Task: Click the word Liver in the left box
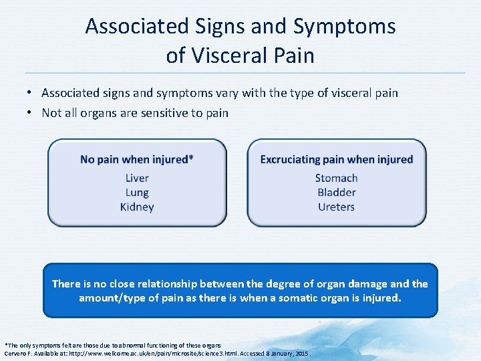point(137,178)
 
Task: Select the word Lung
point(137,193)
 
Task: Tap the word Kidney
point(137,207)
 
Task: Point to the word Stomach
point(336,178)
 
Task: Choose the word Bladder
point(336,193)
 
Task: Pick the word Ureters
point(336,207)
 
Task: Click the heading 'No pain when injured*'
point(137,159)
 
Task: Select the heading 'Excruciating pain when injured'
point(336,159)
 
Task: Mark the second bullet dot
point(31,113)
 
